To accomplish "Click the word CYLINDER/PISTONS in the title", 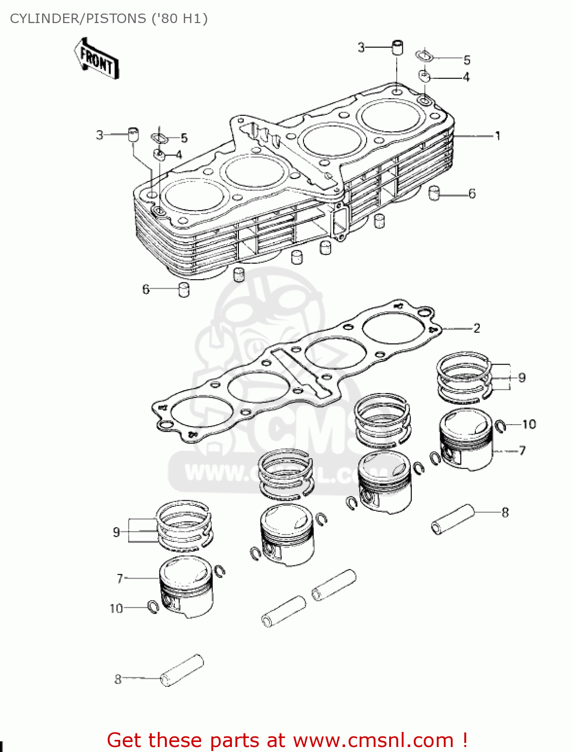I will pyautogui.click(x=78, y=19).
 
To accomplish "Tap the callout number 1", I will pyautogui.click(x=497, y=136).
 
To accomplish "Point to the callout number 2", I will pyautogui.click(x=476, y=328).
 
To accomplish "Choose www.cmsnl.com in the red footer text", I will pyautogui.click(x=373, y=740).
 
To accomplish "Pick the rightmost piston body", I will pyautogui.click(x=466, y=440).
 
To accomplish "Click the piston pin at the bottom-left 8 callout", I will pyautogui.click(x=182, y=670).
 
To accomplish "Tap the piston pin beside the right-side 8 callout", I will pyautogui.click(x=452, y=519).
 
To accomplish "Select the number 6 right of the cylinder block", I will pyautogui.click(x=472, y=194).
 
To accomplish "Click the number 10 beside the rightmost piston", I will pyautogui.click(x=529, y=424).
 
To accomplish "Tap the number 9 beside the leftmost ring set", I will pyautogui.click(x=116, y=532).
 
